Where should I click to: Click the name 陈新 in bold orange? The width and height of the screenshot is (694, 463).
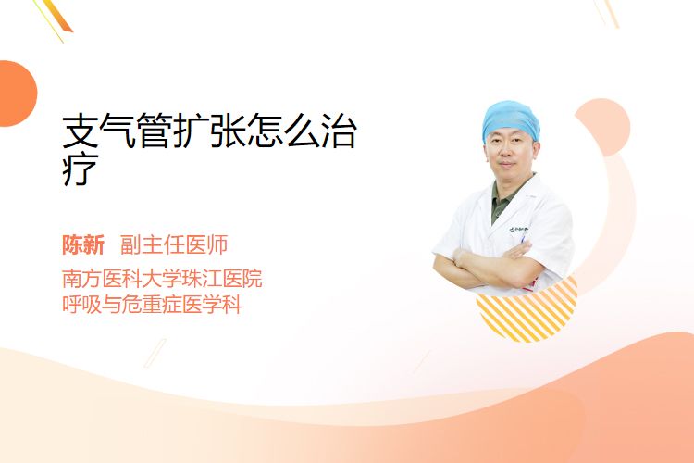(83, 245)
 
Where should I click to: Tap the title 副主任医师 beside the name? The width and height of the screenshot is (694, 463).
(174, 245)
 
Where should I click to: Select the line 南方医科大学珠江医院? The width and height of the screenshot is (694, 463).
(162, 278)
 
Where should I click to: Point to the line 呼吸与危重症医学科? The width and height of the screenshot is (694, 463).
(152, 305)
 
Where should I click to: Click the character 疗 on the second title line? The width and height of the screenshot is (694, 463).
(81, 169)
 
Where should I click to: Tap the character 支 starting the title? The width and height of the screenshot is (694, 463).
(81, 131)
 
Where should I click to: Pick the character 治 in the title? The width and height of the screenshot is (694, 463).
(339, 131)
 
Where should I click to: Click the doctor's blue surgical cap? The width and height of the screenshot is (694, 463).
(511, 119)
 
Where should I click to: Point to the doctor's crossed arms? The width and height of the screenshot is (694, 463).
(488, 265)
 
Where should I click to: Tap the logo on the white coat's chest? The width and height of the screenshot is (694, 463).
(519, 230)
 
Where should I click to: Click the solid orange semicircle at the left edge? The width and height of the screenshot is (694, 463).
(17, 94)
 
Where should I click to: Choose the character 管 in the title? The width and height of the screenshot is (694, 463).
(154, 131)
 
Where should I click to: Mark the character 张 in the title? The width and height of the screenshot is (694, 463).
(228, 131)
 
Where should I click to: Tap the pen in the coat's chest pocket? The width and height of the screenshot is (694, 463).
(523, 239)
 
